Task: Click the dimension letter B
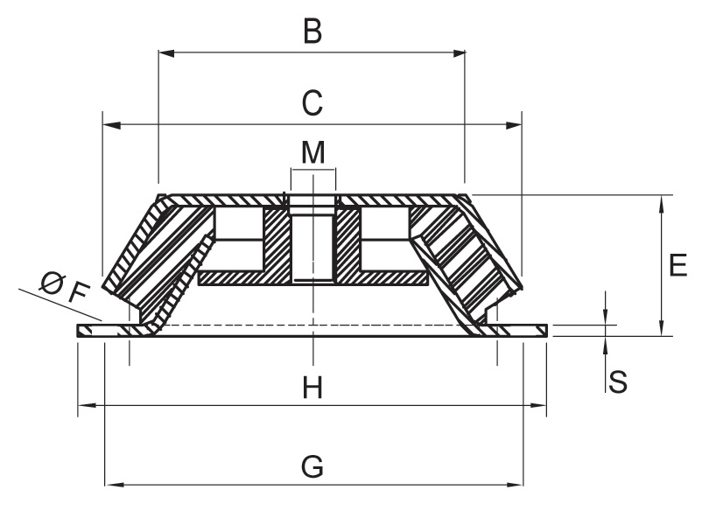(x=312, y=32)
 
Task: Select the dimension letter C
(x=312, y=102)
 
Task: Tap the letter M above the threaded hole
(x=312, y=152)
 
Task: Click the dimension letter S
(x=618, y=381)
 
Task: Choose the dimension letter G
(x=312, y=466)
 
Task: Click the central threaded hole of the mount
(x=312, y=241)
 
